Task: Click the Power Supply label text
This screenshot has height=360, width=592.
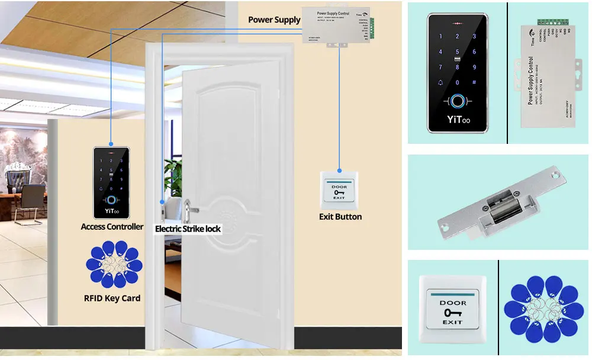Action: pos(274,20)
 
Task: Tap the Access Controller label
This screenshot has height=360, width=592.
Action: pos(112,226)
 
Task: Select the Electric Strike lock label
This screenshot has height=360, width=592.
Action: pos(188,228)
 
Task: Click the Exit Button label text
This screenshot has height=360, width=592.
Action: pos(340,217)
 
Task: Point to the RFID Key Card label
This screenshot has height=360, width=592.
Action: pos(112,298)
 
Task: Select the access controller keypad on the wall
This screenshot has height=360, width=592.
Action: pos(112,182)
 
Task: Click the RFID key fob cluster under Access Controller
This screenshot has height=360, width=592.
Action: pos(114,265)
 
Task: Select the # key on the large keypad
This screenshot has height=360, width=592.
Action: pos(474,83)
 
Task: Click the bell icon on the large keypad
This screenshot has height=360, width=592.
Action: pos(440,83)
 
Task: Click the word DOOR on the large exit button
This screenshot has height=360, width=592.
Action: pos(452,303)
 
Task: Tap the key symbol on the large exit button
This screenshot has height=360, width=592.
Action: pos(452,313)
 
